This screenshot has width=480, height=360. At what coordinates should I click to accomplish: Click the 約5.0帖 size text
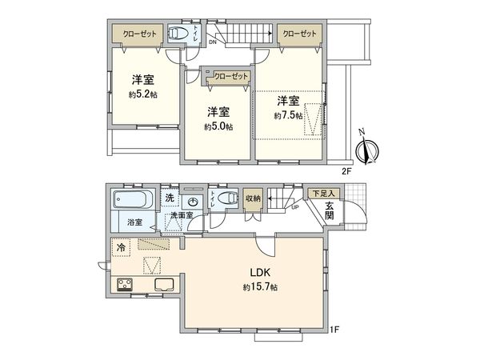[218, 126]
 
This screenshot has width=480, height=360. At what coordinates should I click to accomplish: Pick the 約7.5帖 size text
[287, 116]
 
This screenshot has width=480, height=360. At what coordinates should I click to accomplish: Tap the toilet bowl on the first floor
[227, 198]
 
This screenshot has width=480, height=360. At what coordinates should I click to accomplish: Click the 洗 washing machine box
[170, 198]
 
